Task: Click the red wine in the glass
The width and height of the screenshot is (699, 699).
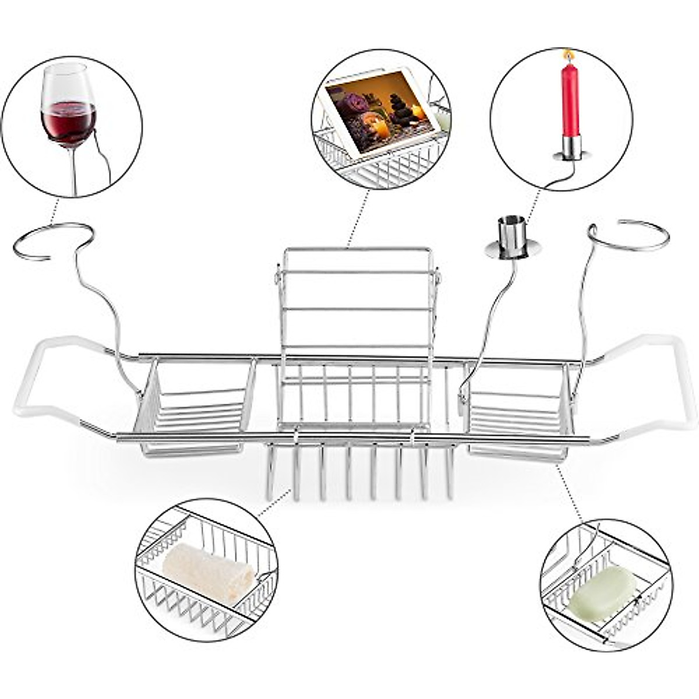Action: (68, 123)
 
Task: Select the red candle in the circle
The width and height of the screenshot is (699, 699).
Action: (570, 99)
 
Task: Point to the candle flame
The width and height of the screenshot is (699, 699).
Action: (567, 56)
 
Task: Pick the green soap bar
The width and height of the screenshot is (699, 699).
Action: (602, 594)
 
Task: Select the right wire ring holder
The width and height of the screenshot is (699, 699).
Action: (629, 234)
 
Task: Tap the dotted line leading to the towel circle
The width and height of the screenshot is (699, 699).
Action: (274, 503)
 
